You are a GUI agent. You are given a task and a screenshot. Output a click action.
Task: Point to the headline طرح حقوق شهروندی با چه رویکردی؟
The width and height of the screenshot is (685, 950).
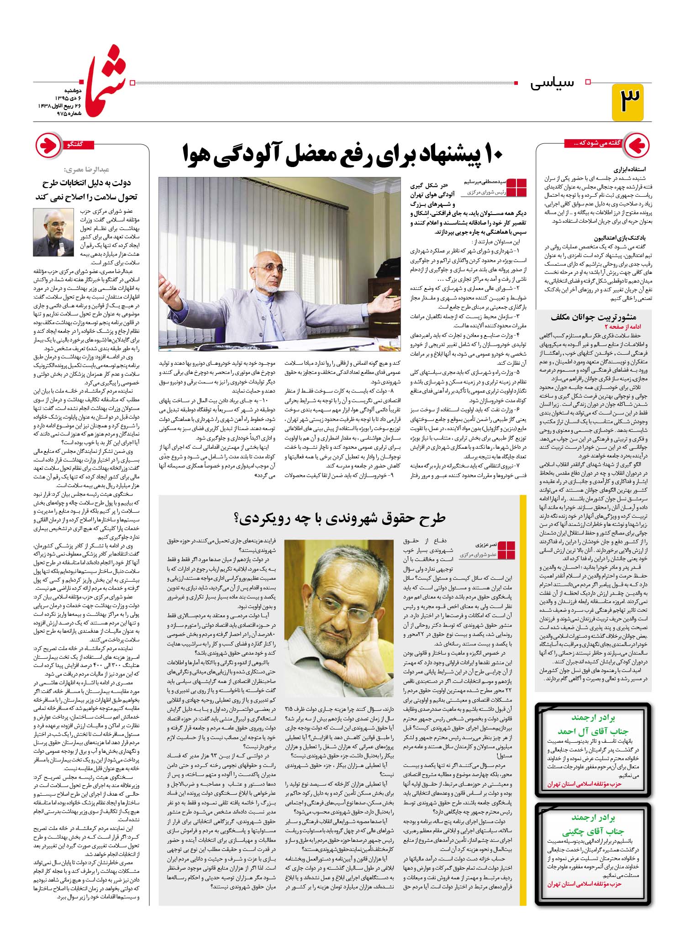point(342,518)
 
